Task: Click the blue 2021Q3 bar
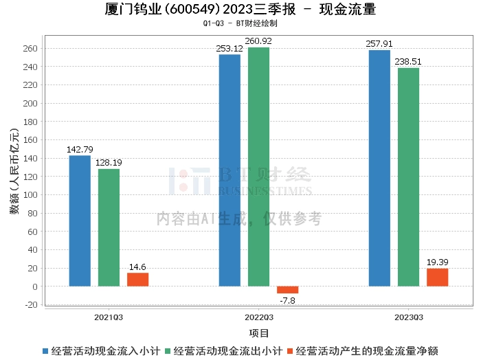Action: point(80,221)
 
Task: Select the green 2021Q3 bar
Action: point(109,227)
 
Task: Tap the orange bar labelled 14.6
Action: point(137,279)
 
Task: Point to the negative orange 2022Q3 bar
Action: point(287,289)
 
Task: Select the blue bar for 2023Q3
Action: point(379,168)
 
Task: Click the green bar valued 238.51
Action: point(408,177)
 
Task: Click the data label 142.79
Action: point(80,149)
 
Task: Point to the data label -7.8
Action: point(287,300)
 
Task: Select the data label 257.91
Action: point(379,44)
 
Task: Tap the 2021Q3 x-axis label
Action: point(109,317)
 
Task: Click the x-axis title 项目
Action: point(259,333)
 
